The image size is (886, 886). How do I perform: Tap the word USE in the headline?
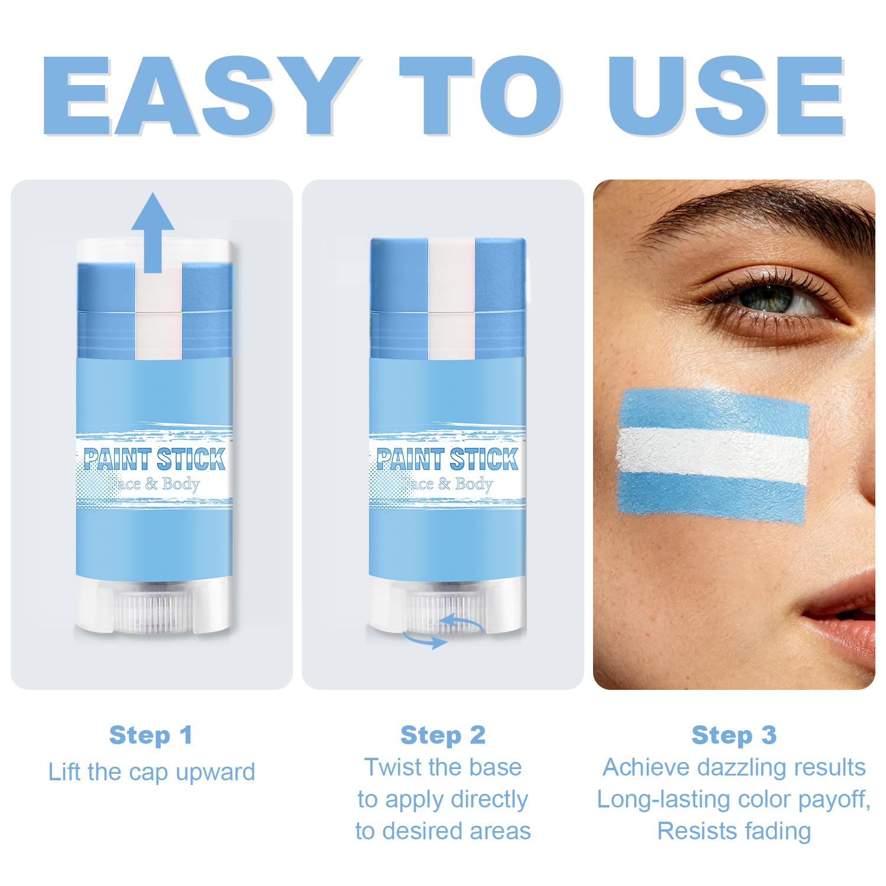pyautogui.click(x=727, y=96)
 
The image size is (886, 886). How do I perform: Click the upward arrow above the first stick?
pyautogui.click(x=152, y=232)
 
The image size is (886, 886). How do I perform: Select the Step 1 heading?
pyautogui.click(x=151, y=735)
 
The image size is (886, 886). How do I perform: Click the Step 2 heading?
pyautogui.click(x=443, y=735)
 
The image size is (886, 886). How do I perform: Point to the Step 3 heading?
pyautogui.click(x=734, y=735)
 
